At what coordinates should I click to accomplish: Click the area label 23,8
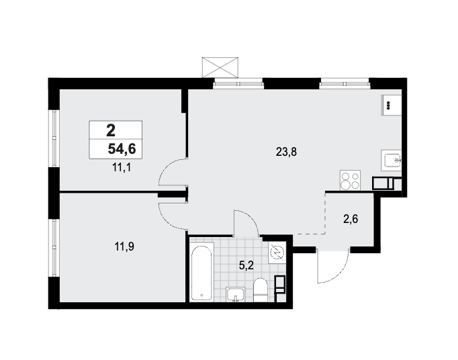[286, 152]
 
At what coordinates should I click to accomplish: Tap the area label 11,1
[122, 168]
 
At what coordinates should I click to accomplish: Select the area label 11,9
[124, 247]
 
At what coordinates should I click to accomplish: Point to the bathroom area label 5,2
[246, 265]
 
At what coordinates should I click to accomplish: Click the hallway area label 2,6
[351, 218]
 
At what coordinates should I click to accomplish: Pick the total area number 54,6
[122, 149]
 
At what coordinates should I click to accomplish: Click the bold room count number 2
[111, 130]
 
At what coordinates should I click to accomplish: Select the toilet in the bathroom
[261, 290]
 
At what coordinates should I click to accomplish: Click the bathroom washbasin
[236, 294]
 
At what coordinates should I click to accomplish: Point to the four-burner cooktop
[350, 180]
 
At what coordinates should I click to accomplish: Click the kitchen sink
[392, 160]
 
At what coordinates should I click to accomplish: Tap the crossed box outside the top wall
[220, 67]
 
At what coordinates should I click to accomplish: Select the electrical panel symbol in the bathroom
[277, 252]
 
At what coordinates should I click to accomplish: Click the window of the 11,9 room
[54, 248]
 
